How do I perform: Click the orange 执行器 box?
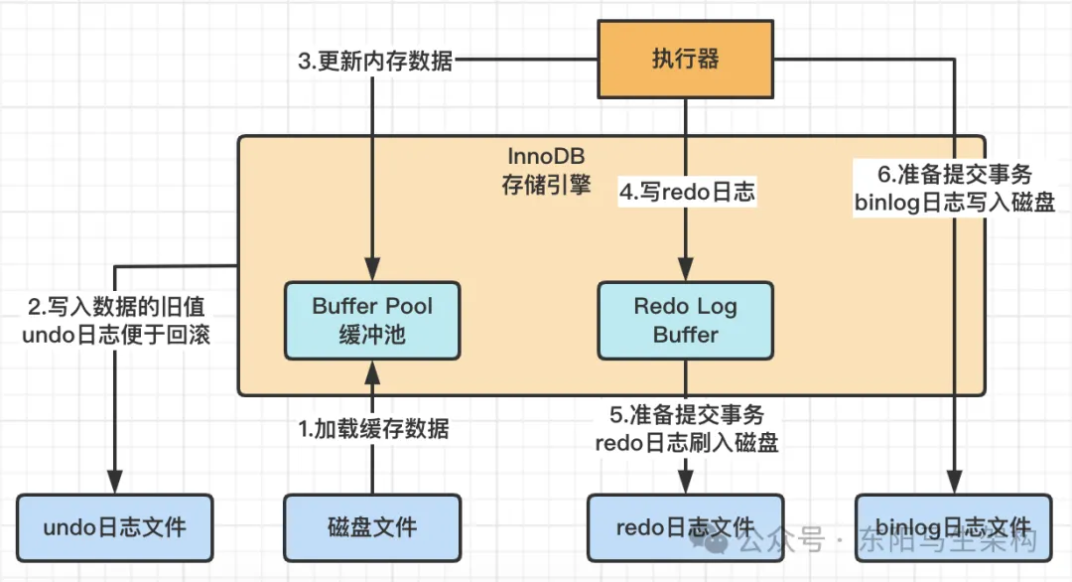click(x=685, y=60)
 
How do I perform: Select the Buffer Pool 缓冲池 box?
click(x=372, y=320)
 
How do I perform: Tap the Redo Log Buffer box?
click(x=685, y=320)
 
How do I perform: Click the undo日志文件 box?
click(x=115, y=527)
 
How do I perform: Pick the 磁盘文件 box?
click(x=372, y=527)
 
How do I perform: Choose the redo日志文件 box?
click(x=685, y=527)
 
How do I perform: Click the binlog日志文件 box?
click(x=954, y=527)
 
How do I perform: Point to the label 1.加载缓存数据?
click(x=374, y=429)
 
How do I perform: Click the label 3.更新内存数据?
click(x=375, y=61)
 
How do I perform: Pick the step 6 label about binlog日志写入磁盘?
click(x=954, y=188)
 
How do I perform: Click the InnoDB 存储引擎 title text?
click(x=546, y=172)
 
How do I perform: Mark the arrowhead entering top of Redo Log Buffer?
click(x=685, y=271)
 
